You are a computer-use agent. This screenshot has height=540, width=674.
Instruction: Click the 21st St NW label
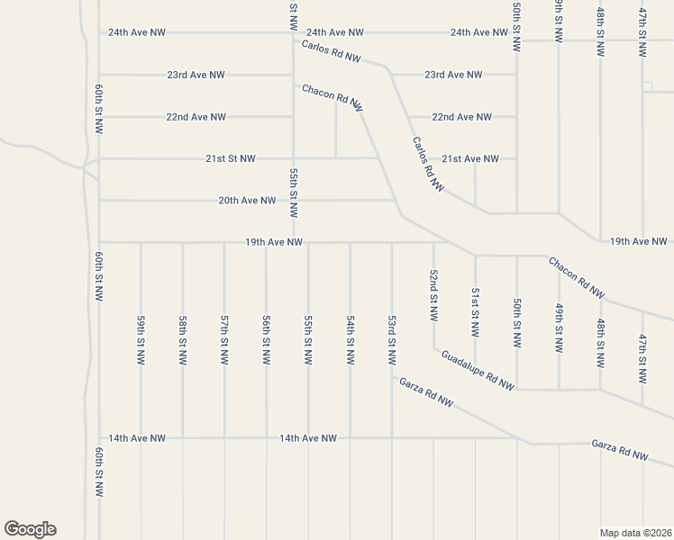coord(231,158)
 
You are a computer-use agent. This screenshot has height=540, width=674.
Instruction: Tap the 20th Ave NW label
coord(247,201)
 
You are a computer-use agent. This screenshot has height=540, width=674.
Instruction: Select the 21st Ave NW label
coord(469,158)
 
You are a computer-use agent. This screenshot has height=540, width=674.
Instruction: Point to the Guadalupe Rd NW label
coord(478,370)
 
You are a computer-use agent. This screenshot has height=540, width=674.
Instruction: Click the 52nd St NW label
coord(433,296)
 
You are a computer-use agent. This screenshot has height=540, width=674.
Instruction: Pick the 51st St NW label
coord(475,317)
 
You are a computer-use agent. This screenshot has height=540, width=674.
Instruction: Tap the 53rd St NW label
coord(392,339)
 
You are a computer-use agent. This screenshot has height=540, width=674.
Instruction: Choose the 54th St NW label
coord(351,339)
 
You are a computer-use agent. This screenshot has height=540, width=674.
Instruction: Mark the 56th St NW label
coord(267,339)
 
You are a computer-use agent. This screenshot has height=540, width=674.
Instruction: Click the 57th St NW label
coord(224,339)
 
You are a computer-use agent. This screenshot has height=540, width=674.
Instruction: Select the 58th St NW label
coord(183,339)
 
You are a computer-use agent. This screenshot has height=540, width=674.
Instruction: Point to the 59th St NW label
coord(141,339)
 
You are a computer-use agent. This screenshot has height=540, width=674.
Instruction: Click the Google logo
coord(30,529)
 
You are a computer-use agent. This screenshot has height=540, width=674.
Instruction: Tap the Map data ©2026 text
coord(635,532)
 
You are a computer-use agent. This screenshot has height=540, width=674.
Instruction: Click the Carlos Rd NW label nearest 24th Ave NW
coord(331,51)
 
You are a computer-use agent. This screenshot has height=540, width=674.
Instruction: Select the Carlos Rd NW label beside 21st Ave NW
coord(429,164)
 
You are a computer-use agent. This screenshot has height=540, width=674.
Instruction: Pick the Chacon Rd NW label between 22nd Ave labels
coord(332,98)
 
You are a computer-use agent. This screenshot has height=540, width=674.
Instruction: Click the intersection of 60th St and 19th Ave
coord(99,241)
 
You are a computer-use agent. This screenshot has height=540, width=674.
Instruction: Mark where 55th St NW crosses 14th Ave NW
coord(308,438)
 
